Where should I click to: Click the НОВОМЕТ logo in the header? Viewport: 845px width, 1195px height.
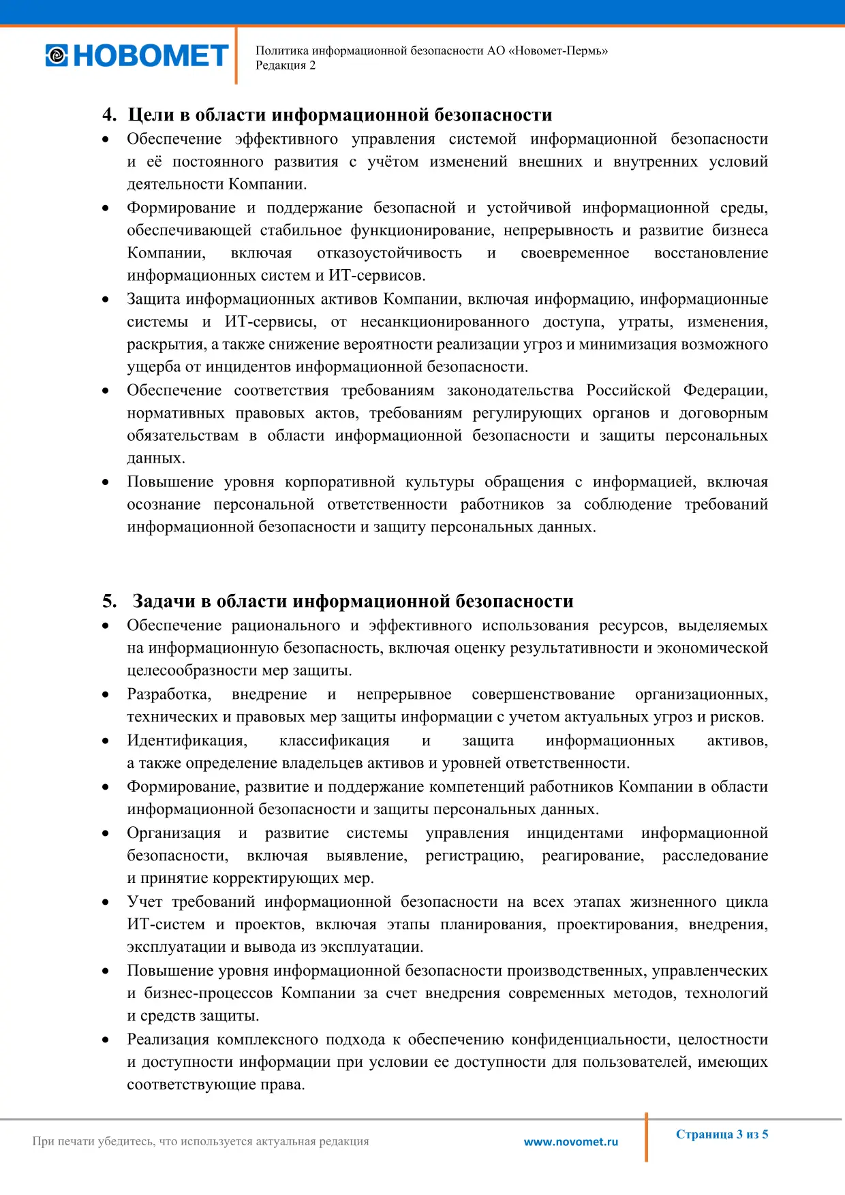(x=137, y=55)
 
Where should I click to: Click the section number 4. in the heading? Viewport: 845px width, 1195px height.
(x=109, y=114)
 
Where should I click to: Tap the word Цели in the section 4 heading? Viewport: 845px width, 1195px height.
(x=151, y=114)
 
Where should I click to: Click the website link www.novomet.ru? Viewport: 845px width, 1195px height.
(x=571, y=1142)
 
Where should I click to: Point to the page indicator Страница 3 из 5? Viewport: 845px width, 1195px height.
(x=722, y=1134)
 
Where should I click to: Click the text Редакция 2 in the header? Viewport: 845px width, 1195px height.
(x=286, y=65)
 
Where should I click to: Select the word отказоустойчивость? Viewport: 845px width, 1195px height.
(x=389, y=253)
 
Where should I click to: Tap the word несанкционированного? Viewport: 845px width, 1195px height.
(x=444, y=322)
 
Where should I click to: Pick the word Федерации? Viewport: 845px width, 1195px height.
(x=726, y=390)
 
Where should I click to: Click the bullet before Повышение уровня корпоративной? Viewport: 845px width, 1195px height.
(x=106, y=482)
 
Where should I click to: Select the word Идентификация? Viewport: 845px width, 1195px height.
(x=187, y=741)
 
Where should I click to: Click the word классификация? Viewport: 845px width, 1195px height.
(x=334, y=741)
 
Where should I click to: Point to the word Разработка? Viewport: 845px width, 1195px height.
(x=169, y=694)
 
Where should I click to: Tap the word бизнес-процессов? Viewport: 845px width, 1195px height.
(x=209, y=993)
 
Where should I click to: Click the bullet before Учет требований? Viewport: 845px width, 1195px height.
(x=106, y=903)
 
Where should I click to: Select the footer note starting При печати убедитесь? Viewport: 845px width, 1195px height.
(x=200, y=1141)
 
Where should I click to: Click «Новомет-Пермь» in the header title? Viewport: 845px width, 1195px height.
(x=558, y=50)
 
